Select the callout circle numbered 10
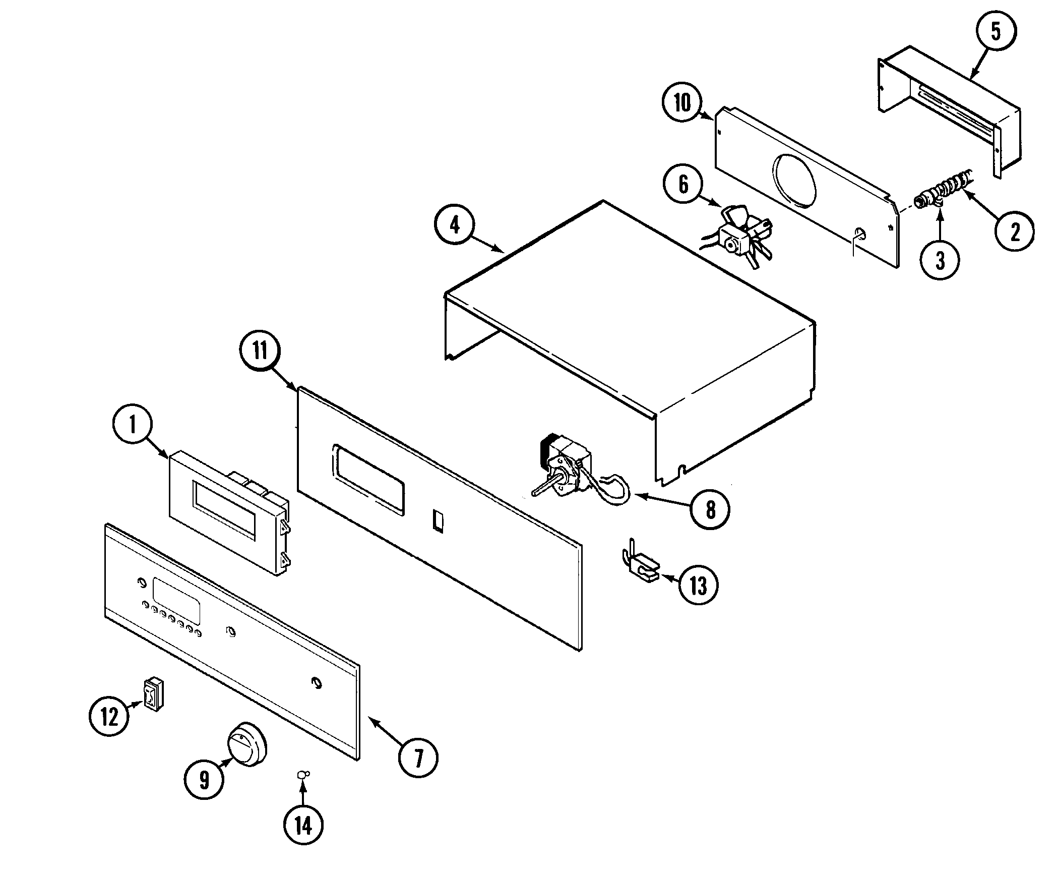coord(683,103)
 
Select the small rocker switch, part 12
coord(153,694)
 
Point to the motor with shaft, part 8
coord(565,474)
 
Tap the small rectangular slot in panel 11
coord(438,521)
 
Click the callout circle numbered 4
coord(455,225)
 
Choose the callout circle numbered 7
coord(418,758)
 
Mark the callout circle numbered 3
coord(940,260)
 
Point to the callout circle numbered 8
coord(710,510)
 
